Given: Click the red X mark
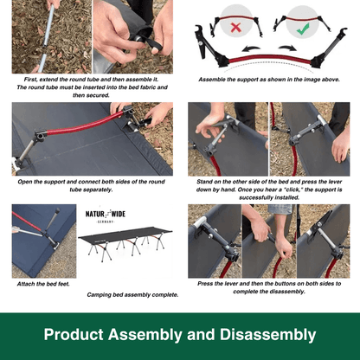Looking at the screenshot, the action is tap(236, 28).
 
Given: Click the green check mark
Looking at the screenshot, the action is tap(303, 29).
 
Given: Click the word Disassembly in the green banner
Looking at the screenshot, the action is tap(267, 335).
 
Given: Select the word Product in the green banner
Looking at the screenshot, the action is tap(74, 335).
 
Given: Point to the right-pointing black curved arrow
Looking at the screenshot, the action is tap(287, 48).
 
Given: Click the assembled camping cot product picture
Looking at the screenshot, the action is tap(125, 243).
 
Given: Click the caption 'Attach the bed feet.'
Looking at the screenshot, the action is tap(43, 284).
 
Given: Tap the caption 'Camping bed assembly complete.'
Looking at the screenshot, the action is tap(132, 295).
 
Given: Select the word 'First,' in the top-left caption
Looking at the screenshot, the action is tap(30, 80).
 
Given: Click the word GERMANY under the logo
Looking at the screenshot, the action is tap(106, 222).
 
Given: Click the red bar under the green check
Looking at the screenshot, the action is tap(303, 20).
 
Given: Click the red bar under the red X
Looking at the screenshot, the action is tap(236, 18).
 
